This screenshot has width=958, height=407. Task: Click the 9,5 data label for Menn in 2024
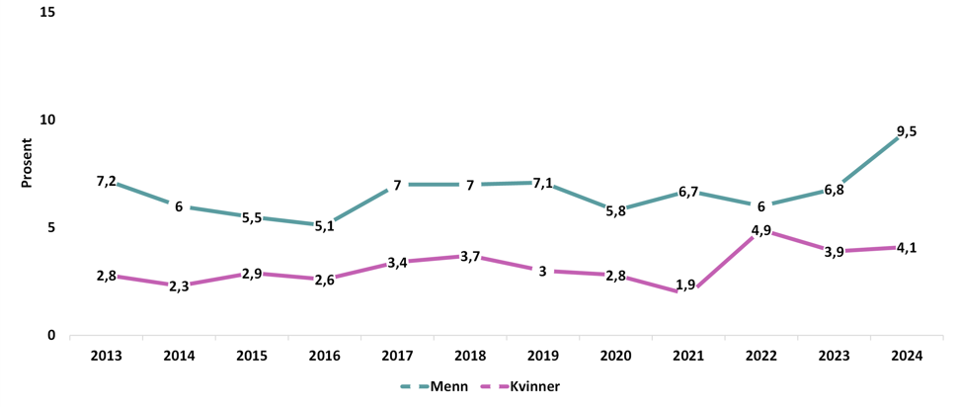point(906,131)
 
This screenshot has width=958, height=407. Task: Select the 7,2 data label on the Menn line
point(107,181)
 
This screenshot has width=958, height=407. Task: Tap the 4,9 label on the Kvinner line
point(760,230)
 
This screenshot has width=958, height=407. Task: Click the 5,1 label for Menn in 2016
point(324,225)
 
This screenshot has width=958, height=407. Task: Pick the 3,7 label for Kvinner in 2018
point(470,257)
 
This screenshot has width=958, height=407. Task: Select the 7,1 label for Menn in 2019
point(542,183)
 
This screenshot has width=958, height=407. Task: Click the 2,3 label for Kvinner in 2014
point(179,286)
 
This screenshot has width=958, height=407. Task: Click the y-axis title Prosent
point(27,163)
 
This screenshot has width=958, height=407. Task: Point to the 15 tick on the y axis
point(47,12)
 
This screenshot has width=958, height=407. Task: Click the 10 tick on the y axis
point(47,120)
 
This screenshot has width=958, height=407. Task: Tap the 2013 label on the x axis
point(106,356)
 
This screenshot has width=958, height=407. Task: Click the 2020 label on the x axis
point(615,356)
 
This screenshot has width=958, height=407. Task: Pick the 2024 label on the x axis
point(906,356)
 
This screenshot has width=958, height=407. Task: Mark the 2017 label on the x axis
point(397,356)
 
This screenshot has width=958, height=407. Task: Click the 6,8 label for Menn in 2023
point(834,190)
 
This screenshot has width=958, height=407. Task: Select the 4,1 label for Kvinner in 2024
point(906,248)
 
